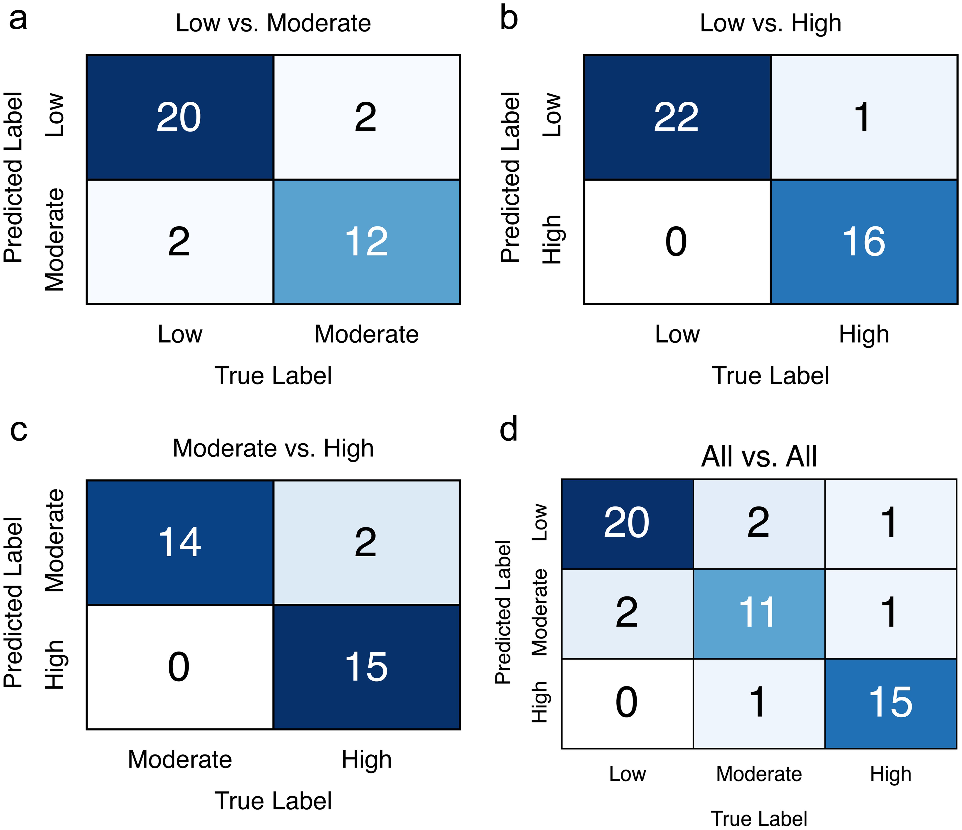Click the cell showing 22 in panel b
click(676, 117)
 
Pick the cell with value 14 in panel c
click(180, 542)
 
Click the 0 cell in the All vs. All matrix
click(627, 703)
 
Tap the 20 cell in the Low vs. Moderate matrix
click(180, 117)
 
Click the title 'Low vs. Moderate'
click(273, 23)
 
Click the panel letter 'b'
click(509, 20)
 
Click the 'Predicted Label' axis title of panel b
click(510, 177)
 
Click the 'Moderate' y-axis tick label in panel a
click(55, 240)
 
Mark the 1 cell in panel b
click(864, 117)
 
